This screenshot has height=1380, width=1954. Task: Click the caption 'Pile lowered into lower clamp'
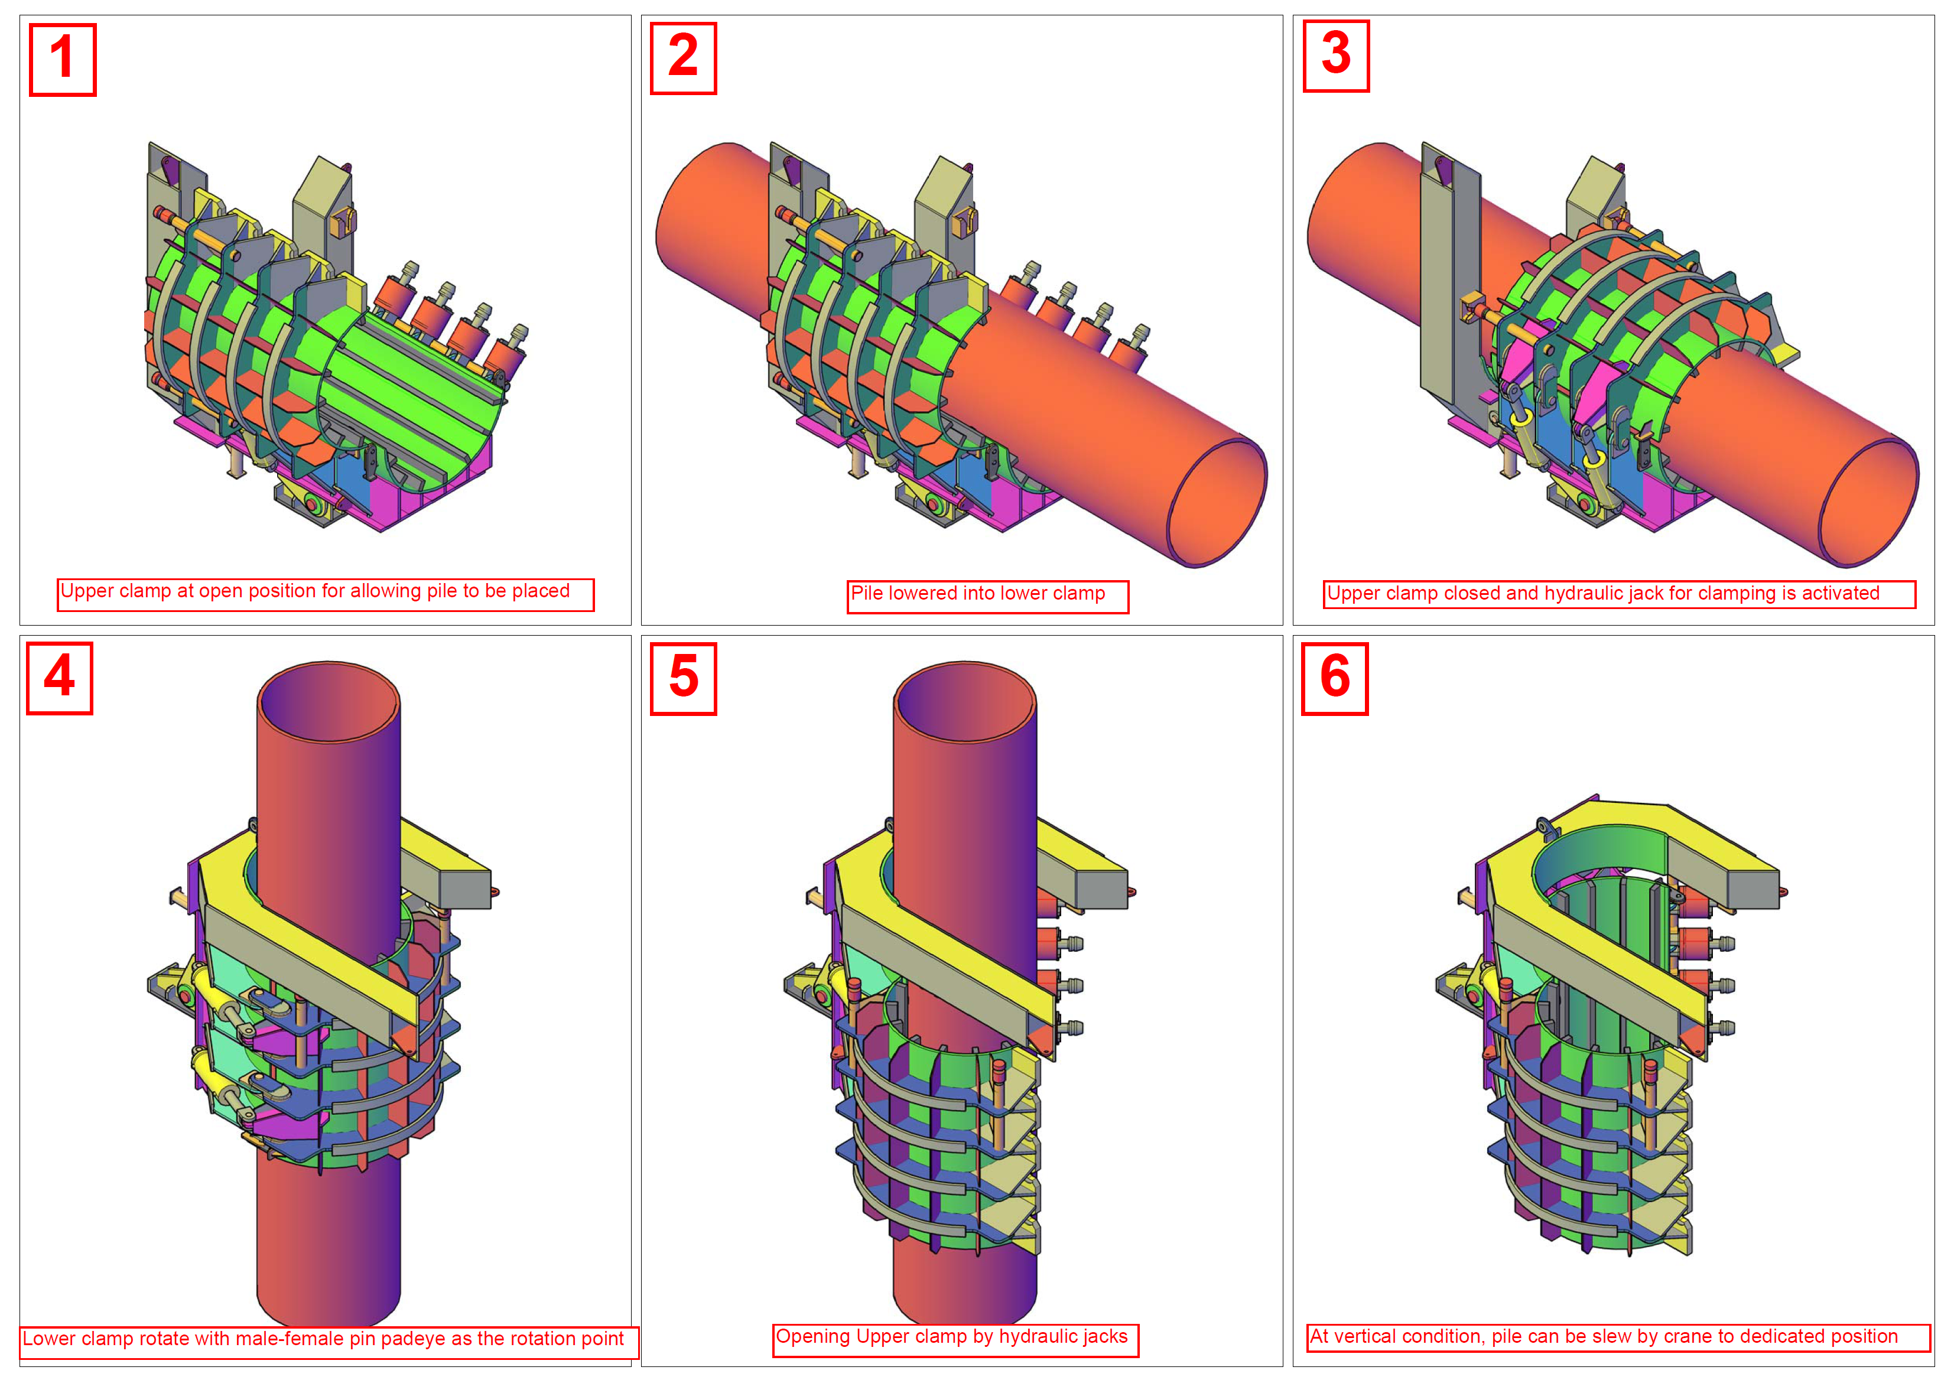click(x=978, y=594)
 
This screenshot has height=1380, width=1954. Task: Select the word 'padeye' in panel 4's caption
click(x=413, y=1339)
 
